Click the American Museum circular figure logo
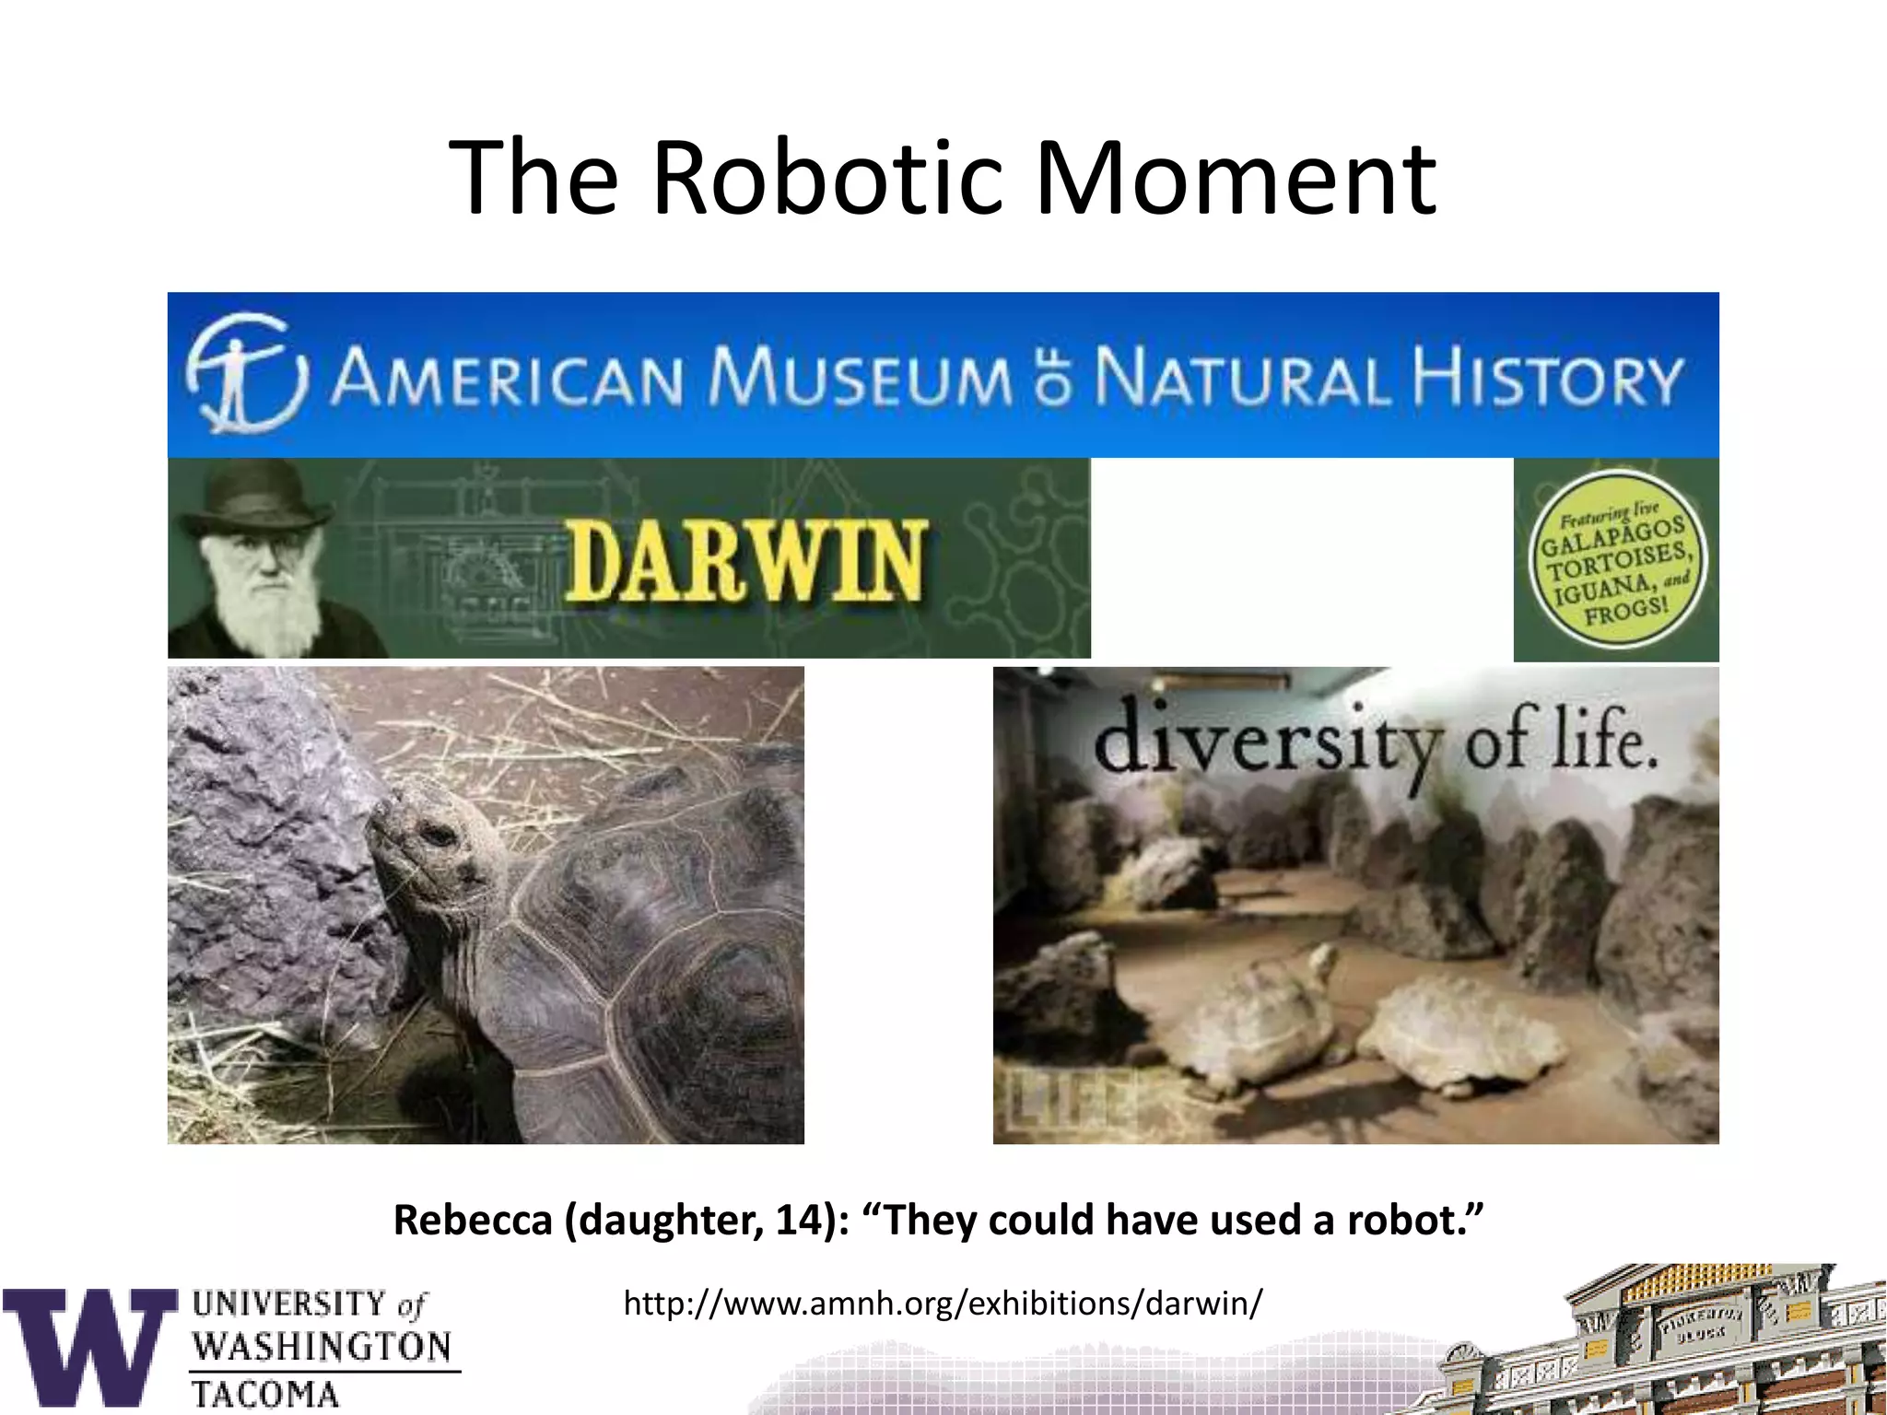pos(244,373)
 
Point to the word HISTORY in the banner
pos(1548,378)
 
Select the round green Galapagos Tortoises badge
pos(1617,562)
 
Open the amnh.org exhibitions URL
pos(942,1304)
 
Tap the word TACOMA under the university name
pos(265,1394)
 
